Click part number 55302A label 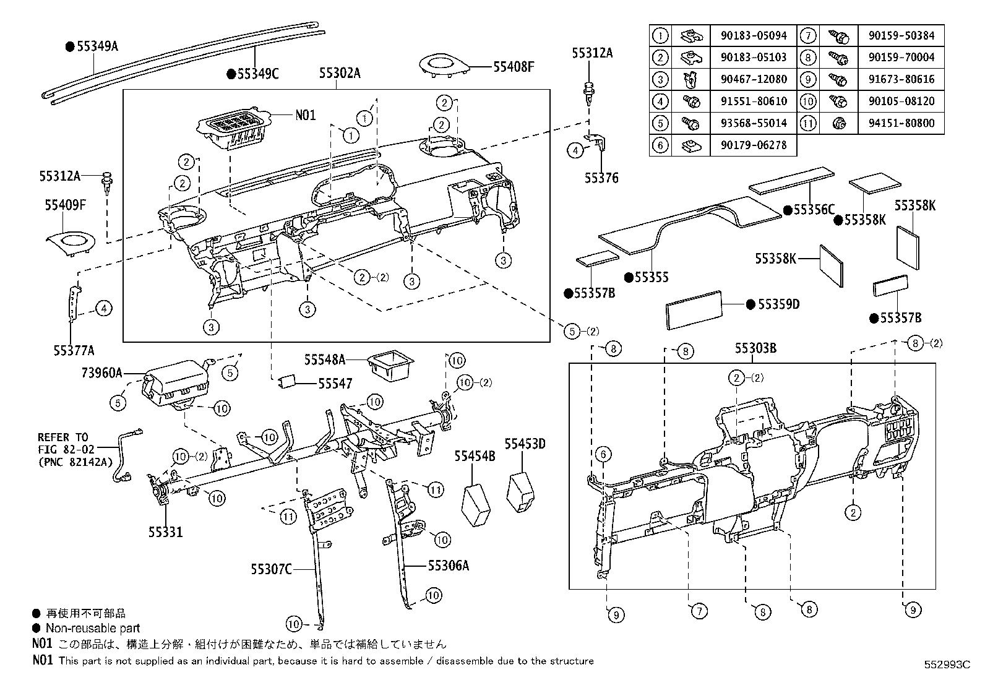click(340, 73)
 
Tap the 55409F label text click(64, 205)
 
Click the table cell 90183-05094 click(754, 36)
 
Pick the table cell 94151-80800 click(901, 123)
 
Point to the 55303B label click(755, 348)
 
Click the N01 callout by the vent click(305, 115)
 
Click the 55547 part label click(335, 384)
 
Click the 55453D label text click(525, 444)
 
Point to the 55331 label click(166, 532)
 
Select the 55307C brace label click(271, 569)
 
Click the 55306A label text click(449, 565)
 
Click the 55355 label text click(652, 278)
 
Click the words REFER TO click(63, 437)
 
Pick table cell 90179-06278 click(754, 145)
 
